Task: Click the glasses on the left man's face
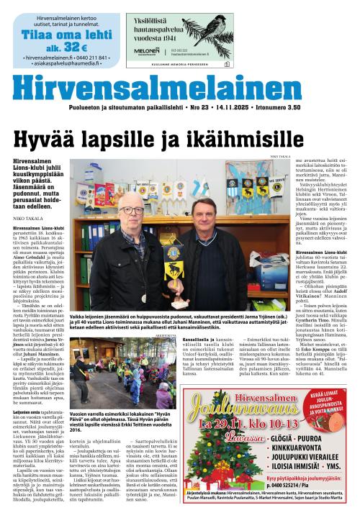point(132,211)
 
